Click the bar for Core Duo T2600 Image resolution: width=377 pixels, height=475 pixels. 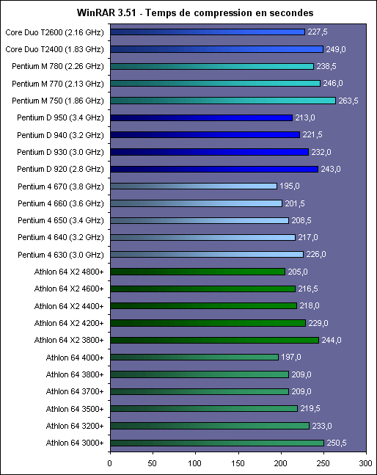pos(208,32)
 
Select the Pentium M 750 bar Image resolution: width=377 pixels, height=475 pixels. pos(223,101)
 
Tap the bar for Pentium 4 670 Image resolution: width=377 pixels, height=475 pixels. pos(194,186)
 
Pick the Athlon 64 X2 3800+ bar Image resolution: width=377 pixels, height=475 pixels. pos(214,340)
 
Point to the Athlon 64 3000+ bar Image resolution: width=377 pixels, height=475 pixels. pos(217,443)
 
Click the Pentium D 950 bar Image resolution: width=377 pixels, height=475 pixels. pos(202,117)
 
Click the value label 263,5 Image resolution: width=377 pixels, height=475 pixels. pos(348,101)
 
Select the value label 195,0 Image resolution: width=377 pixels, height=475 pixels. pos(290,186)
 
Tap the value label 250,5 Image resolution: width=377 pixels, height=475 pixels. pos(337,443)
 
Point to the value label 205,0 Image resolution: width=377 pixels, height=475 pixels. pos(298,272)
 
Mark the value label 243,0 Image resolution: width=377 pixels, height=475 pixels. pos(331,169)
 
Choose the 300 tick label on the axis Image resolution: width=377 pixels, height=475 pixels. pos(366,463)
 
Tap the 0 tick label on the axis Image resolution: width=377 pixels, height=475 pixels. pos(110,463)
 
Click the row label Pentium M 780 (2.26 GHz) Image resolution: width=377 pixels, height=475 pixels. pos(58,66)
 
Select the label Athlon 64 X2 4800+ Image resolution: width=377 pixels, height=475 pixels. pos(69,272)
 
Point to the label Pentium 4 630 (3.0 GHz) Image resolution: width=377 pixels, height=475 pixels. pos(61,255)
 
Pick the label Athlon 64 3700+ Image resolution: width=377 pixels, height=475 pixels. pos(75,391)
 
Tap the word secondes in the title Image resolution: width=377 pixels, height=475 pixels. pos(291,12)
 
